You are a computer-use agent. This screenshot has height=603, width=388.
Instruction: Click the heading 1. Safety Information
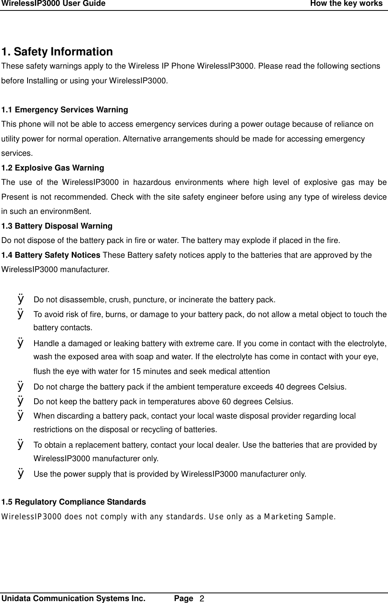pyautogui.click(x=57, y=52)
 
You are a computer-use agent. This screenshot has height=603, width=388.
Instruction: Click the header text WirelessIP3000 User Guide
pyautogui.click(x=54, y=4)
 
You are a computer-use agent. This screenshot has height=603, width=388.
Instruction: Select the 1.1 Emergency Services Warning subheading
pyautogui.click(x=64, y=110)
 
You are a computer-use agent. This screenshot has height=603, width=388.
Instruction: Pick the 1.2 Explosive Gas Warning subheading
pyautogui.click(x=53, y=168)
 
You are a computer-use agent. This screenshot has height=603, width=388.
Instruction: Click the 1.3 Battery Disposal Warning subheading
pyautogui.click(x=57, y=226)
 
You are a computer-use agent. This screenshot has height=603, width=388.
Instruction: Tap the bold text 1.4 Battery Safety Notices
pyautogui.click(x=51, y=255)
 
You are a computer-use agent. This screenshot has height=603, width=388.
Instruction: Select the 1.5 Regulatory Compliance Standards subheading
pyautogui.click(x=74, y=502)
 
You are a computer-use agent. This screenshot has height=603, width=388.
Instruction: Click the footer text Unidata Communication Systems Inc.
pyautogui.click(x=74, y=598)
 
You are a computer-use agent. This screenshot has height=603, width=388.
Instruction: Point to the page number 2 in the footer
pyautogui.click(x=202, y=599)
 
